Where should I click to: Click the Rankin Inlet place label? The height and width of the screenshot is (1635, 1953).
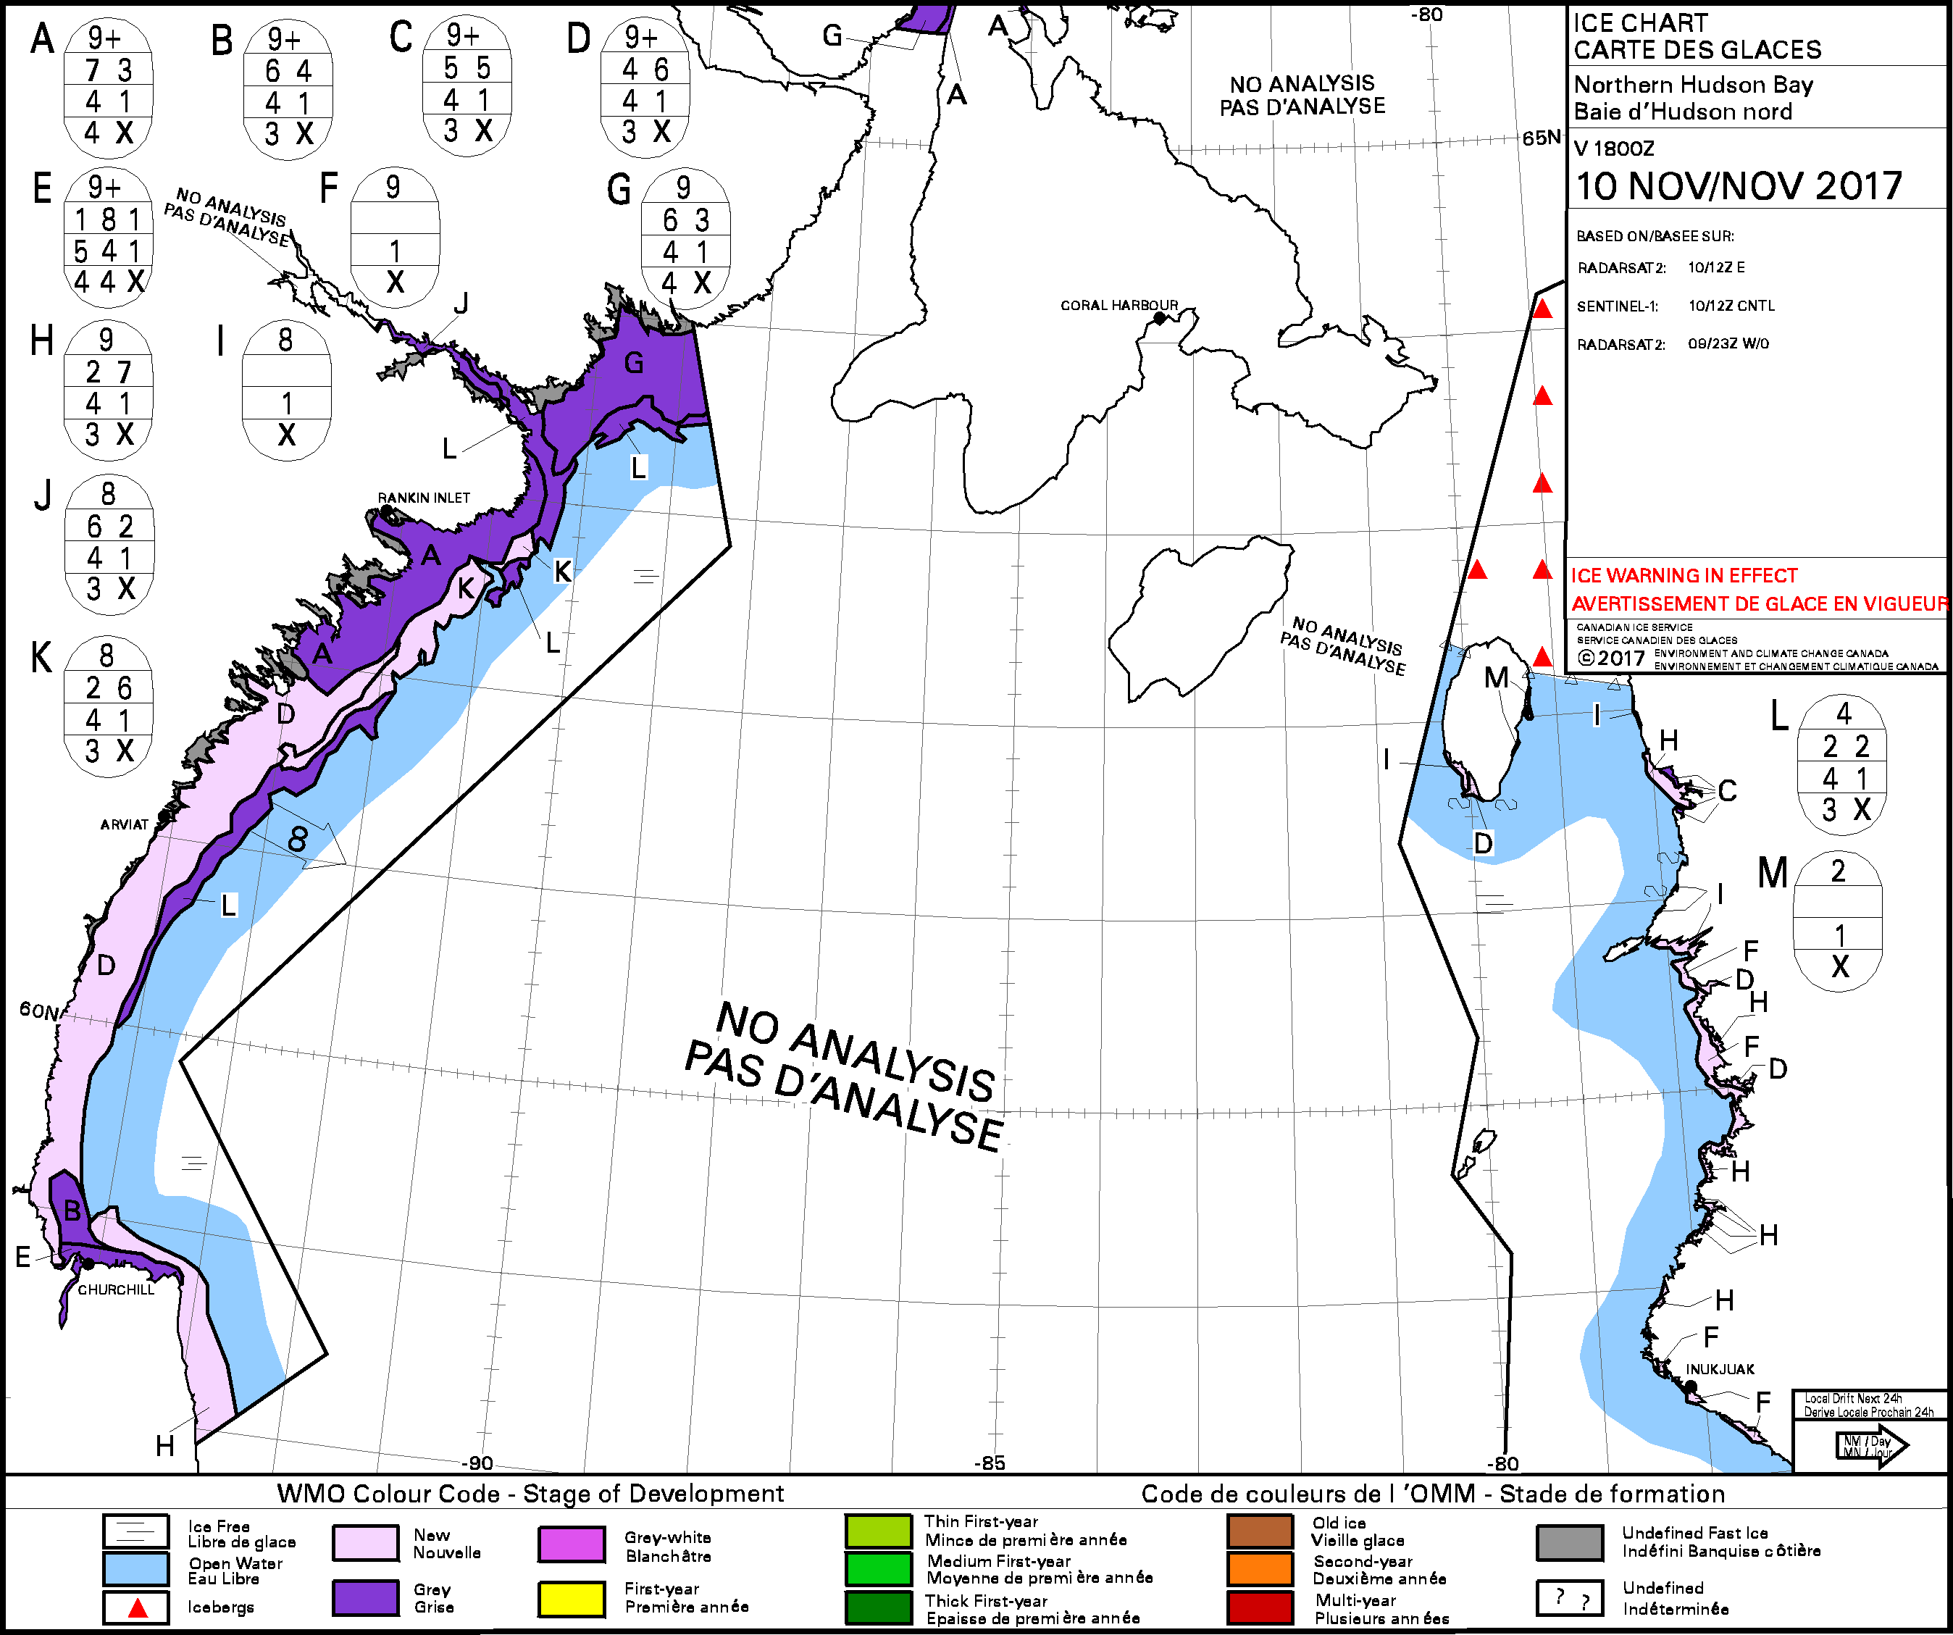[423, 498]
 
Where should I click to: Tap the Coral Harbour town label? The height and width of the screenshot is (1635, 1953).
[1118, 305]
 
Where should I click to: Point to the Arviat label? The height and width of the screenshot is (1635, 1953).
[124, 824]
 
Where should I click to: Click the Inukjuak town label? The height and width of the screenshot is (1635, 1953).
[1720, 1369]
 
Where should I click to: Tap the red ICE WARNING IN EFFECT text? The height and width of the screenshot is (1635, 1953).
[1684, 576]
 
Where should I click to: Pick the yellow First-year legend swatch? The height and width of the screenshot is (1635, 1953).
[571, 1598]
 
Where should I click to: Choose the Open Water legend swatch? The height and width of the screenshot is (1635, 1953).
[135, 1570]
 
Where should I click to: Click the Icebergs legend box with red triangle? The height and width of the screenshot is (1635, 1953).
[135, 1607]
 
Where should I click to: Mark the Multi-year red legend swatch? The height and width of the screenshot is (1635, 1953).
[1259, 1607]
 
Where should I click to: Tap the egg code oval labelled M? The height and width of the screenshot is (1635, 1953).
[1838, 921]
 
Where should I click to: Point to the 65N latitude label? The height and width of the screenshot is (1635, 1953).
[1540, 138]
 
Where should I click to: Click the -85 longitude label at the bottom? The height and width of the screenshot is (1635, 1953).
[990, 1463]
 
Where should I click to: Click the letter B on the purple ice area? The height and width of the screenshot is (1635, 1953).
[72, 1211]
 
